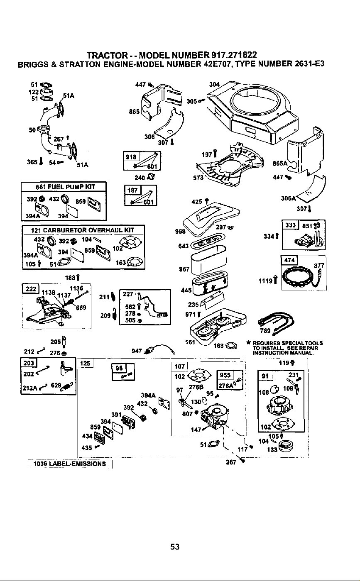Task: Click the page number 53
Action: pos(175,547)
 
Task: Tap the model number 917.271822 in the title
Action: pos(234,55)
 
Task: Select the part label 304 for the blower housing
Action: pos(214,84)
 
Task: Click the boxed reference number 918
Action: pos(131,157)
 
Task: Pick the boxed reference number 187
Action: pos(132,190)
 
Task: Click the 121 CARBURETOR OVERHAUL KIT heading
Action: pos(82,230)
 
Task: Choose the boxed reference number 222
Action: pos(31,289)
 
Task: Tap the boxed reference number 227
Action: pos(128,294)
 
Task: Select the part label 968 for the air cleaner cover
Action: pos(181,231)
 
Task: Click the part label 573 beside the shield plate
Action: pos(198,178)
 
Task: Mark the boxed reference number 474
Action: pos(289,260)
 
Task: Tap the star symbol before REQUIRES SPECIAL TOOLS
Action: pos(248,343)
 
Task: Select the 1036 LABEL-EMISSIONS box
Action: pos(70,464)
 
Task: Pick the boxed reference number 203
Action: pos(29,363)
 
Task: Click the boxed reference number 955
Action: pos(225,375)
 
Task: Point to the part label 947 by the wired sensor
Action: pos(137,351)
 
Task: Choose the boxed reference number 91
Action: pos(265,376)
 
